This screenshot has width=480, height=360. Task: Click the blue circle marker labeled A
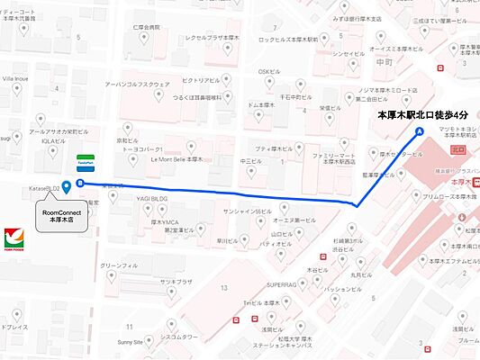418,131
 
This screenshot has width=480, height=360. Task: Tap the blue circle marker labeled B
81,184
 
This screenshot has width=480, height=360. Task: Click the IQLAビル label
50,141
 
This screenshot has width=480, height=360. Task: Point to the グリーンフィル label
119,266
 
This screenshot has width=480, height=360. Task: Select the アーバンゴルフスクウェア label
136,84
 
